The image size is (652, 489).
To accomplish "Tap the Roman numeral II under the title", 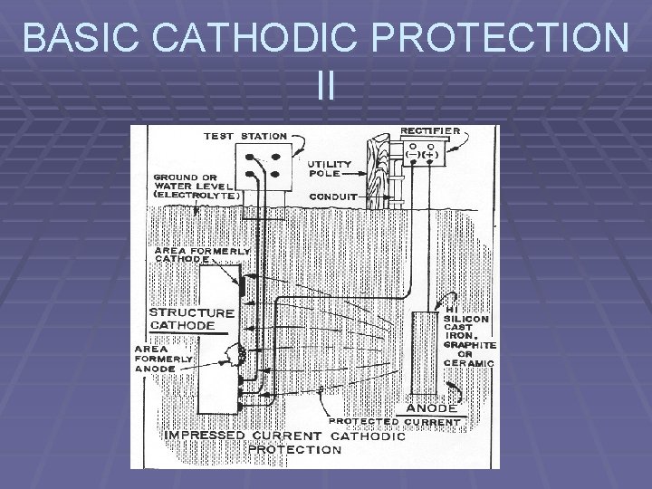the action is [326, 85].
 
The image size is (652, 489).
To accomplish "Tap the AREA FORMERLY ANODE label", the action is [164, 358].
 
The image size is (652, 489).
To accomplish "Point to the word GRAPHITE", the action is [469, 344].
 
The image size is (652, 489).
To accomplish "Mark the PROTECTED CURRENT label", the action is [395, 422].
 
